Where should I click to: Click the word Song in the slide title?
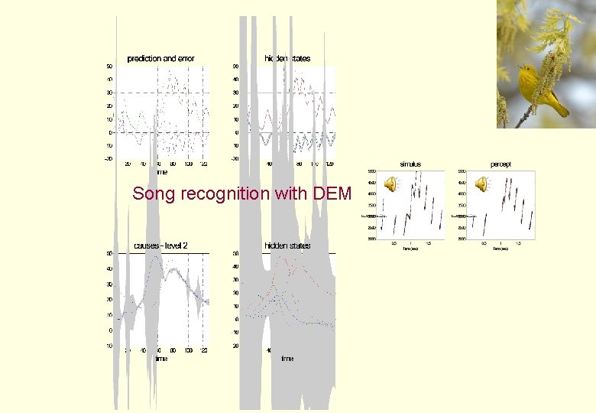point(150,194)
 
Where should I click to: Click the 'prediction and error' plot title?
point(160,59)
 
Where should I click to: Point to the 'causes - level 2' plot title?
point(160,246)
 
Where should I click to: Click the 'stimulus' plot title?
point(410,164)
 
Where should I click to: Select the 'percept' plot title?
point(500,164)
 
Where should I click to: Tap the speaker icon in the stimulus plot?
point(390,184)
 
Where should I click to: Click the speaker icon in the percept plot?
point(481,184)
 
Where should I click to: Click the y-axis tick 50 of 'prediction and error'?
point(110,66)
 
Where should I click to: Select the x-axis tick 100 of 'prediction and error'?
point(189,164)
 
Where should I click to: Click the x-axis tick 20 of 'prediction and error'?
point(128,164)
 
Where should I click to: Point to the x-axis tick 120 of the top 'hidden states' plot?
point(329,164)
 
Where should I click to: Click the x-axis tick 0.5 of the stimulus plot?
point(394,243)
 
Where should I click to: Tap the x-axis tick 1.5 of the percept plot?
point(518,243)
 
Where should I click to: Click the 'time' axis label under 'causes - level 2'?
point(161,358)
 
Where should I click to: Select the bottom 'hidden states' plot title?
point(287,246)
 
